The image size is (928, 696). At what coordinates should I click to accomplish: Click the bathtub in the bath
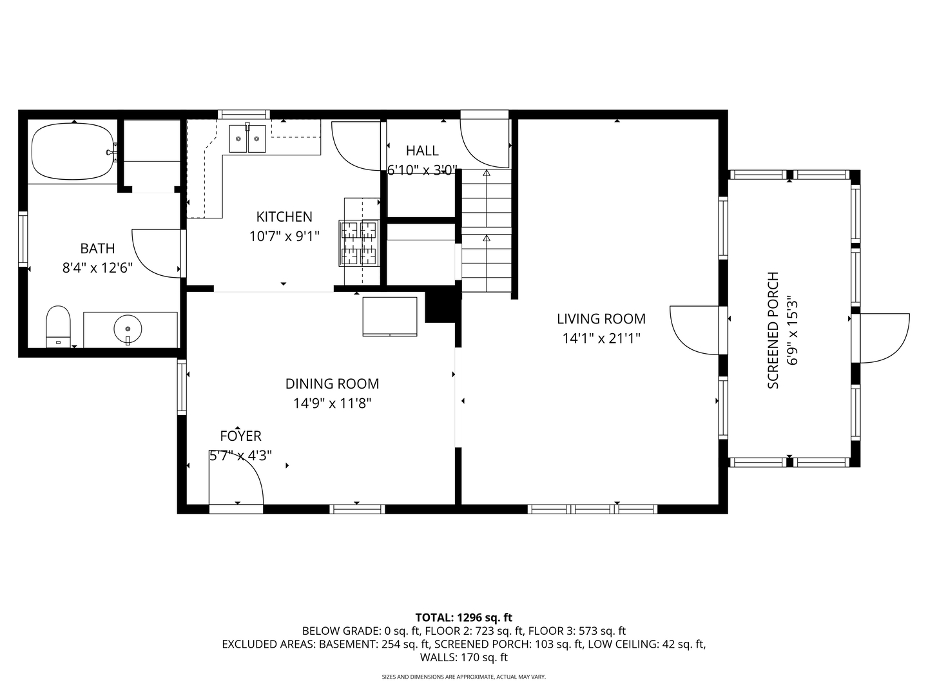72,151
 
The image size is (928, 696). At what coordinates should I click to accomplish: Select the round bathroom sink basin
128,329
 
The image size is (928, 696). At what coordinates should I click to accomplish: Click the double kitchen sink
247,139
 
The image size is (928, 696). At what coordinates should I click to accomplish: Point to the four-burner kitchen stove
359,243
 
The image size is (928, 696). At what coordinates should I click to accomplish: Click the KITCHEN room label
284,217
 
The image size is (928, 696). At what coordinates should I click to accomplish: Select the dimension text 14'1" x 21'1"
601,338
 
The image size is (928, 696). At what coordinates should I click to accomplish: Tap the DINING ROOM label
332,384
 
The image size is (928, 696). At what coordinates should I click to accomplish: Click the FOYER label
240,436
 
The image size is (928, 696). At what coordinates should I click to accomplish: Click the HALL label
422,151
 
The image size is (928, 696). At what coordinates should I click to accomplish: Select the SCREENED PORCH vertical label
773,331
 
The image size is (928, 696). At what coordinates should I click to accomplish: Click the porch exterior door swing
883,337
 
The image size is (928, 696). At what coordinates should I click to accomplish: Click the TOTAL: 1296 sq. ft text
464,617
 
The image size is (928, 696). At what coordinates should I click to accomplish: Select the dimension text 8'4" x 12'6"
97,268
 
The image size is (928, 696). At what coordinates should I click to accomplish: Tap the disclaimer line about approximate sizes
464,677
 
